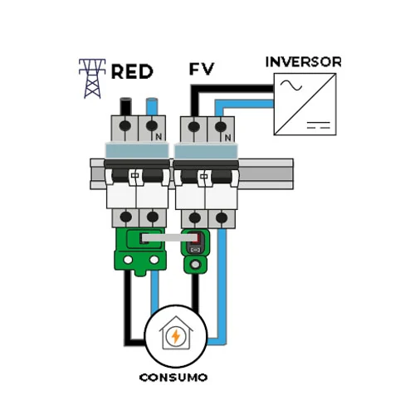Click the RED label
tap(132, 71)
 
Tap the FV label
tap(202, 69)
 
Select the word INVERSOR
tap(303, 62)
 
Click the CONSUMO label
tap(173, 378)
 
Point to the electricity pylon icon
tap(92, 79)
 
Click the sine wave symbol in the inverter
tap(290, 85)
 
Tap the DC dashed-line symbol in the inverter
tap(319, 124)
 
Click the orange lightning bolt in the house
tap(176, 336)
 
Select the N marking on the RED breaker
tap(159, 136)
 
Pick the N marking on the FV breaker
tap(227, 137)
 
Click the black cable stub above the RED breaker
tap(125, 106)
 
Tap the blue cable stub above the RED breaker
tap(152, 106)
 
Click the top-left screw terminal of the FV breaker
tap(193, 127)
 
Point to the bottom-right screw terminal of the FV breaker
tap(222, 217)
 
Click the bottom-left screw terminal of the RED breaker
tap(126, 217)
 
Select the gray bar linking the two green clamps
tap(169, 237)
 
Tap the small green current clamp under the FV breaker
tap(196, 251)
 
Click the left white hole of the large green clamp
tap(128, 260)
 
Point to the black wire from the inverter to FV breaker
tap(232, 89)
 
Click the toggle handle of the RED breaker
tap(135, 177)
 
